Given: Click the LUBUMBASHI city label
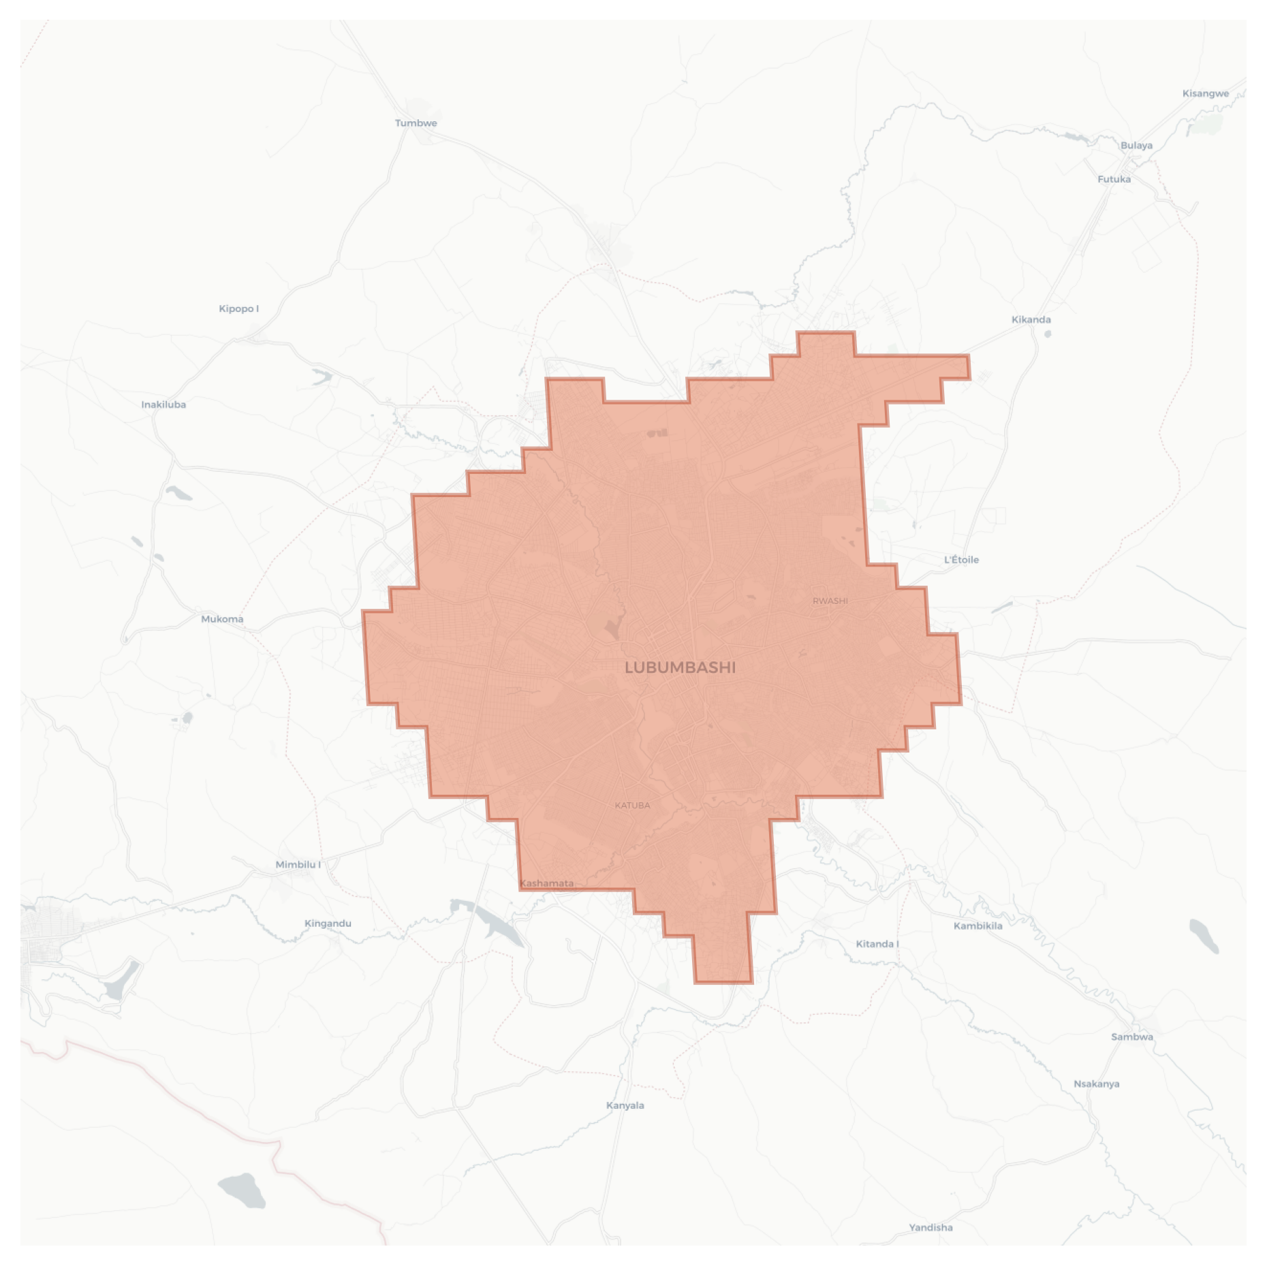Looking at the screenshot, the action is [x=680, y=667].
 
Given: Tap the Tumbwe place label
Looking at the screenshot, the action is [x=416, y=123].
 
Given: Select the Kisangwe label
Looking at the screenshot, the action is [x=1205, y=94].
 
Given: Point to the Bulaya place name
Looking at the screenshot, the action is [x=1136, y=146].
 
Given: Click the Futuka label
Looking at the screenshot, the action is [x=1114, y=180].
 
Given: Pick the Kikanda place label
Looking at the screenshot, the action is [x=1031, y=320].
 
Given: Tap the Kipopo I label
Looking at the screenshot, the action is [x=238, y=309].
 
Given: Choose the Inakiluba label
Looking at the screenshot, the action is [x=163, y=405].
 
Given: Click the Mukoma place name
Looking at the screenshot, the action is [x=222, y=619].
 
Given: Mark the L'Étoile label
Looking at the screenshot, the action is [x=961, y=560].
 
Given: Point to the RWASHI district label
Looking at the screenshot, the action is [x=830, y=601].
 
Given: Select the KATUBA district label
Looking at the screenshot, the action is [x=632, y=805].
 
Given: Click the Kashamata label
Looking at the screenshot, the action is [x=546, y=883].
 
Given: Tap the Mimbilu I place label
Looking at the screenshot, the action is [x=298, y=865].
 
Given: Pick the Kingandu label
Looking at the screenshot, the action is [x=328, y=923].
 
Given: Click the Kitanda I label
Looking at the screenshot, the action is [x=877, y=944].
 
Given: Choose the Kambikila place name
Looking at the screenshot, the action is [x=977, y=926].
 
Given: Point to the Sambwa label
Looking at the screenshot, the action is [x=1131, y=1037].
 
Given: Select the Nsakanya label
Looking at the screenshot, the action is [x=1096, y=1084].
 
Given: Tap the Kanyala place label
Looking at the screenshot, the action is [x=625, y=1105].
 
